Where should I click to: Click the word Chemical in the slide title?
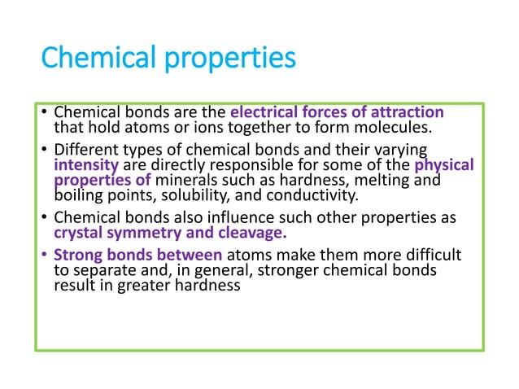tap(91, 59)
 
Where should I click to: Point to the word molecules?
tap(403, 127)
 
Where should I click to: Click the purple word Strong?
tap(77, 256)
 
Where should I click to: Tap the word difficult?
tap(430, 256)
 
